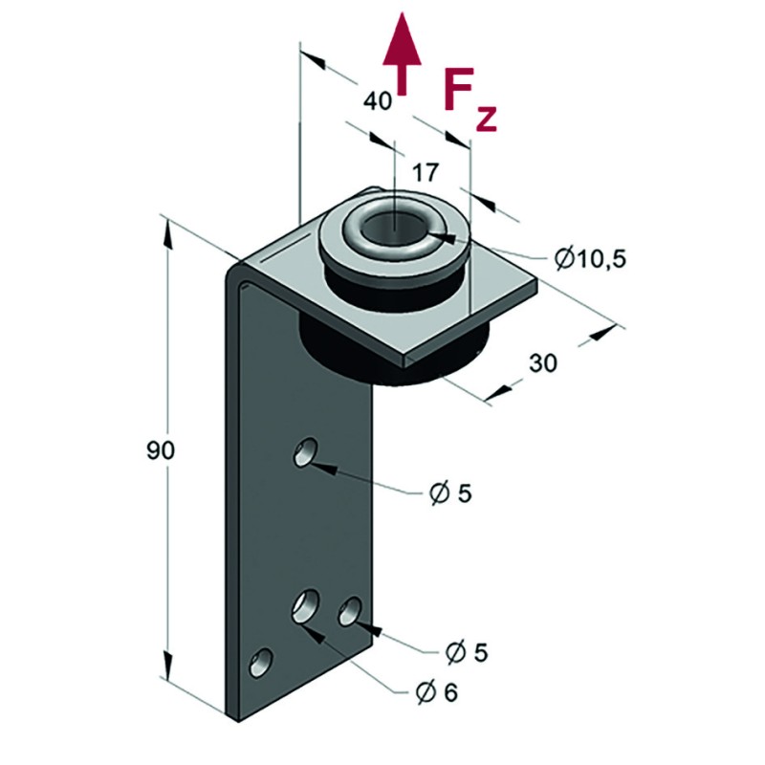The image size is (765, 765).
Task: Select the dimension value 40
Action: [379, 99]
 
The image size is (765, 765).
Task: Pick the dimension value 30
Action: [543, 363]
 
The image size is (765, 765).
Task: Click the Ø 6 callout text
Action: [437, 691]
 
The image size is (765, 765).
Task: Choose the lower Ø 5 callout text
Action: [467, 652]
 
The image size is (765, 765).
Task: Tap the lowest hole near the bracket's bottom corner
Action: [260, 663]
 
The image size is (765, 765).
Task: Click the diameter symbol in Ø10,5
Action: [562, 258]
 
